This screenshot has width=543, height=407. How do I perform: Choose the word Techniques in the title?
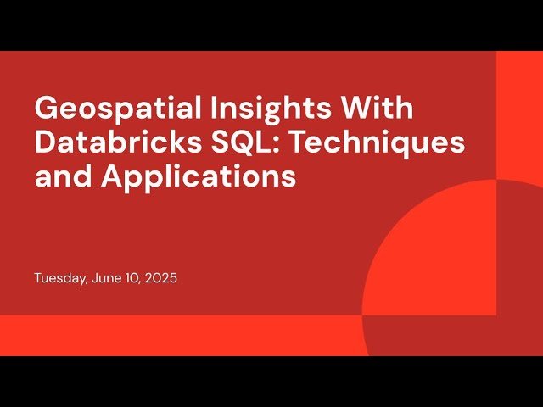pyautogui.click(x=373, y=143)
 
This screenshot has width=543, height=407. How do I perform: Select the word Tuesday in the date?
pyautogui.click(x=59, y=278)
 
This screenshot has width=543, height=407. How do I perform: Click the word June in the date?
pyautogui.click(x=102, y=278)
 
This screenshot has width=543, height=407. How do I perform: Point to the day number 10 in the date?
pyautogui.click(x=128, y=278)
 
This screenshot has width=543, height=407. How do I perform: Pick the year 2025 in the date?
pyautogui.click(x=160, y=278)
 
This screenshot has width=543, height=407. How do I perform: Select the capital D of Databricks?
pyautogui.click(x=45, y=143)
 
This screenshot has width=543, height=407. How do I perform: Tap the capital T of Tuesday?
pyautogui.click(x=38, y=278)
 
